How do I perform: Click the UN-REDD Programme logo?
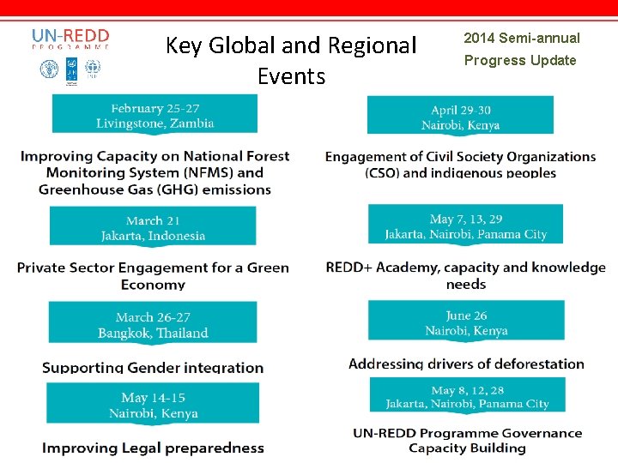[x=70, y=53]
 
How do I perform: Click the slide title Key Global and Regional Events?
[x=290, y=60]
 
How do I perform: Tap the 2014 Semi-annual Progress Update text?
[x=521, y=49]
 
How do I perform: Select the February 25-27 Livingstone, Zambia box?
[x=154, y=115]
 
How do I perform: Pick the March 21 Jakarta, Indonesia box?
[x=153, y=227]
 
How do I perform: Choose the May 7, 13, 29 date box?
[x=465, y=225]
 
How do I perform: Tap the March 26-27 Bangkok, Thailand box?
[x=153, y=325]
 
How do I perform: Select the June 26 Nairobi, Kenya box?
[x=466, y=322]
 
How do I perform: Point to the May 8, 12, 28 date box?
[x=466, y=396]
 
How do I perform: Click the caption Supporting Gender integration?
[x=153, y=368]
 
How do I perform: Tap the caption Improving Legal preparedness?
[x=153, y=448]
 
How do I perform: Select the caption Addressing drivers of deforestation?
[x=466, y=364]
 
